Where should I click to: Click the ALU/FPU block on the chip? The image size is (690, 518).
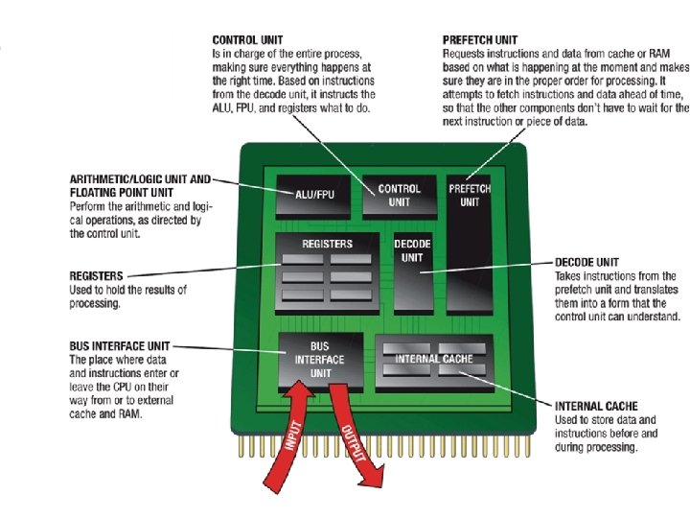tap(314, 196)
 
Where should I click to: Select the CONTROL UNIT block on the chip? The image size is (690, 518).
tap(399, 196)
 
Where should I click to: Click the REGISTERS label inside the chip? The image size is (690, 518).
tap(327, 244)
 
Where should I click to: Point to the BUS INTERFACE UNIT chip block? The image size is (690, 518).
tap(320, 359)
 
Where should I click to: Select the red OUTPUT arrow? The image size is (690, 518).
tap(355, 436)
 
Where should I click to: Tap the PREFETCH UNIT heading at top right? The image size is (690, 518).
tap(480, 40)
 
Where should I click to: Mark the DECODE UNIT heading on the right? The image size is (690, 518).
tap(586, 262)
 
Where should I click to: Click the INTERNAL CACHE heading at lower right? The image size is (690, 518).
tap(596, 406)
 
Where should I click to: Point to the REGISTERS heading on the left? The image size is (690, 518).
tap(96, 276)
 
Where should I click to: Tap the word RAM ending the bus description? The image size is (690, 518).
tap(129, 413)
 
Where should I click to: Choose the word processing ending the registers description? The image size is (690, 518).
tap(94, 303)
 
